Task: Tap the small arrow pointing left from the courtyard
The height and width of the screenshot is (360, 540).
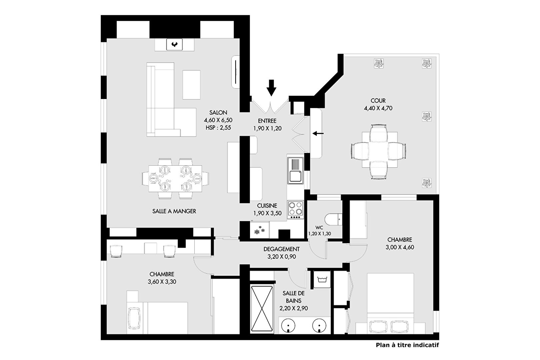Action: click(x=318, y=133)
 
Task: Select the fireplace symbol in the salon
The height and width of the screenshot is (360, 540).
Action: click(x=174, y=44)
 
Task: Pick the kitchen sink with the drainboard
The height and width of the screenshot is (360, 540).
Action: click(x=296, y=170)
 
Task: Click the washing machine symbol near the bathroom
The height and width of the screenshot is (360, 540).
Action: click(x=322, y=279)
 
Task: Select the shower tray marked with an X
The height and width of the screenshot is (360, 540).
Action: click(x=262, y=309)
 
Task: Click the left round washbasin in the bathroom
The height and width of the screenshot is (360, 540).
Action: click(x=288, y=326)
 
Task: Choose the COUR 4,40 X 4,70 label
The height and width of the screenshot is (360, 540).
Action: click(x=378, y=104)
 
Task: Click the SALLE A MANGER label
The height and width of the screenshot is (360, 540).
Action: click(x=174, y=211)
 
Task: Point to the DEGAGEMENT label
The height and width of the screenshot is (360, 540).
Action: click(x=282, y=249)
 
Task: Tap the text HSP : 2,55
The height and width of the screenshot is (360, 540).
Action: click(x=218, y=128)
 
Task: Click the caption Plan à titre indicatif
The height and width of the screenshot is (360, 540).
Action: click(x=407, y=345)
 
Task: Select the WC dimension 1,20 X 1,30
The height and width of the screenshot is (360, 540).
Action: click(x=319, y=234)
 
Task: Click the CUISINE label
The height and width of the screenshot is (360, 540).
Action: click(x=267, y=206)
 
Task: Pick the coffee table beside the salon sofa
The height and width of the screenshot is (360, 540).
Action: click(x=191, y=85)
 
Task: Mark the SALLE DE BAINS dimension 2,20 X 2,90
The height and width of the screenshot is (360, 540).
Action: click(x=294, y=308)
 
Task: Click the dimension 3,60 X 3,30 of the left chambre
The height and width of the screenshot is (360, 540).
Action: click(x=162, y=282)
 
